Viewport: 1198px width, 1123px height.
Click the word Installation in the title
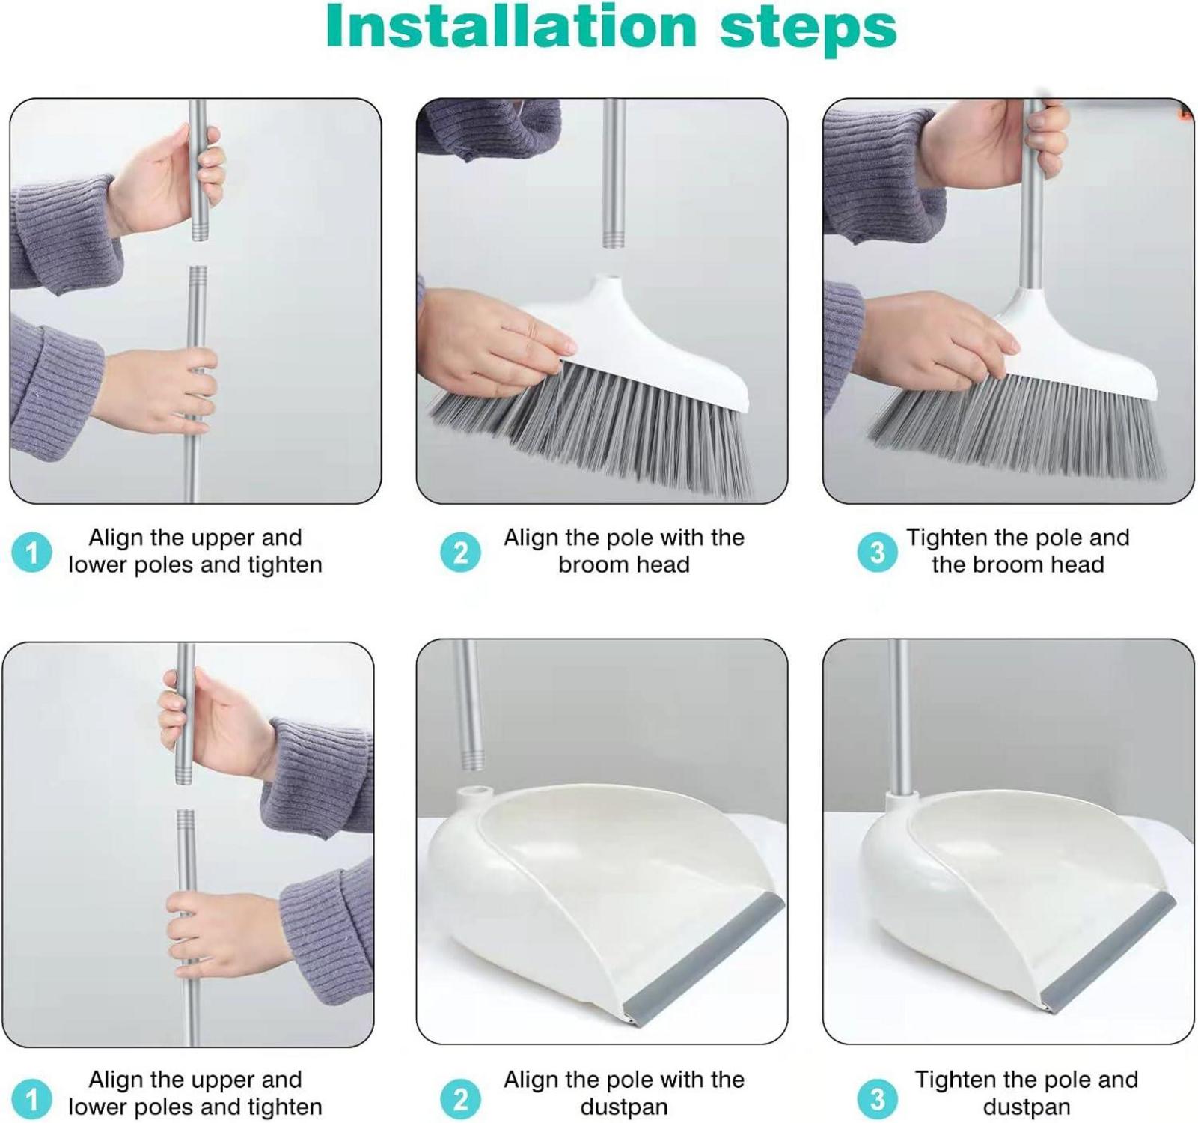coord(511,27)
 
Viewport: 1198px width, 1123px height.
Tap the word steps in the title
coord(807,31)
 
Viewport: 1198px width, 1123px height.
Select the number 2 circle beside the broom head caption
coord(460,553)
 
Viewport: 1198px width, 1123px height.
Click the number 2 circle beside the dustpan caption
coord(460,1098)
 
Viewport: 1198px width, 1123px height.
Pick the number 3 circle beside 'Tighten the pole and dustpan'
coord(877,1098)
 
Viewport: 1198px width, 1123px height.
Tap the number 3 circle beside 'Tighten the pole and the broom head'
coord(877,553)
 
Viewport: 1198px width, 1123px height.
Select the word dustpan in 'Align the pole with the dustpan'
coord(623,1107)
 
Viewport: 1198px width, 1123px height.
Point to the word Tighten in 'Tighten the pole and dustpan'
coord(956,1080)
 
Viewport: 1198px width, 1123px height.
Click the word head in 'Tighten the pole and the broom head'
coord(1077,564)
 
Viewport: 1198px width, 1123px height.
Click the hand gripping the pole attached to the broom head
coord(1006,144)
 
